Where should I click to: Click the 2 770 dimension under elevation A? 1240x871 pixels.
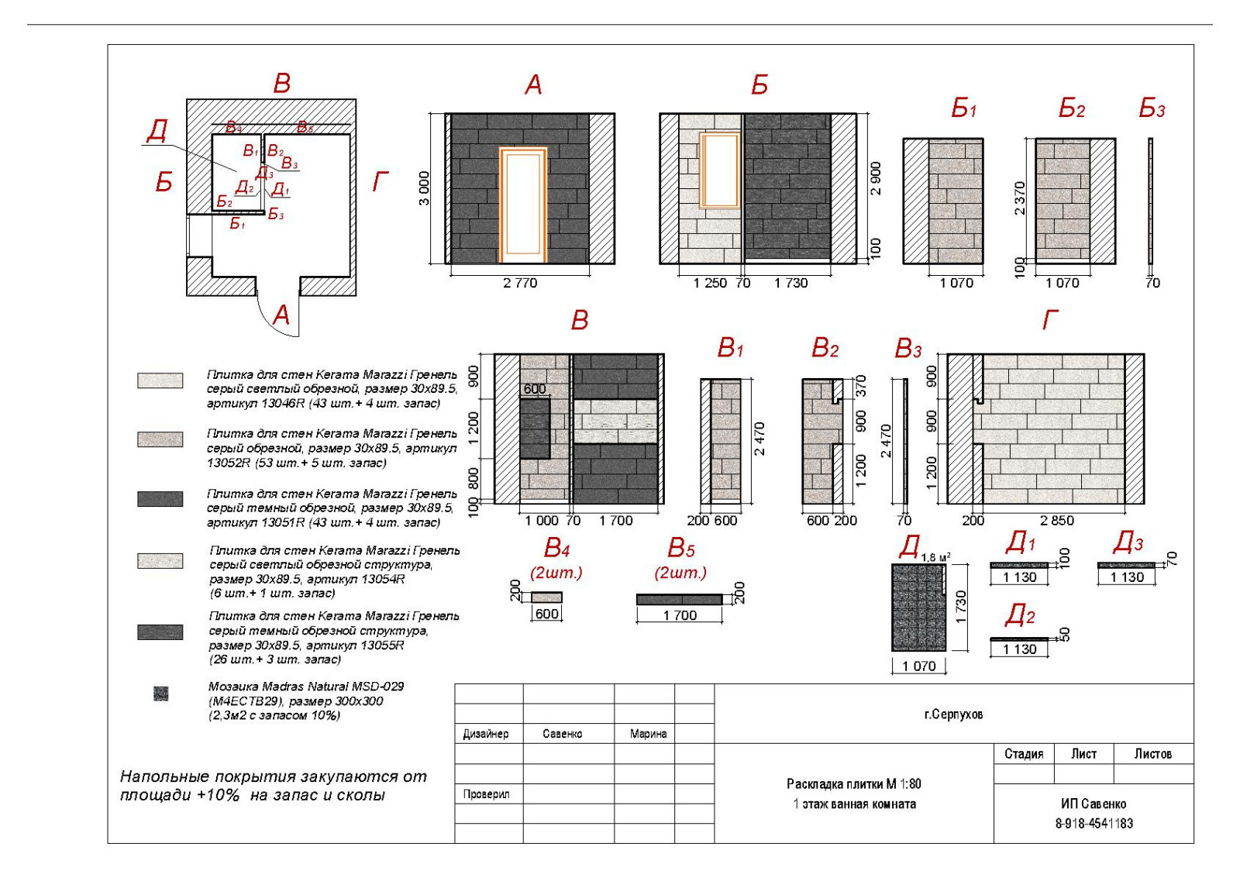pyautogui.click(x=520, y=283)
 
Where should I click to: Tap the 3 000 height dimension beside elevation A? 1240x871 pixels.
pyautogui.click(x=423, y=188)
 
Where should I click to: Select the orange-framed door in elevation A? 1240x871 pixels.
pyautogui.click(x=523, y=205)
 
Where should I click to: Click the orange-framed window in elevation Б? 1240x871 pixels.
pyautogui.click(x=720, y=170)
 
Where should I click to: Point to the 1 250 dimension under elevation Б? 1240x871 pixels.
pyautogui.click(x=710, y=283)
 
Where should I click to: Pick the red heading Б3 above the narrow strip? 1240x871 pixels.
pyautogui.click(x=1152, y=108)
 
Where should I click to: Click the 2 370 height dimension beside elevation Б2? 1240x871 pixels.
pyautogui.click(x=1020, y=198)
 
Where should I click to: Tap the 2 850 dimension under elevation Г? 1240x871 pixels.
pyautogui.click(x=1057, y=520)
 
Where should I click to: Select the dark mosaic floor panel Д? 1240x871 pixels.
pyautogui.click(x=918, y=607)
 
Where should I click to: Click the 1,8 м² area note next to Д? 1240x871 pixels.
pyautogui.click(x=935, y=557)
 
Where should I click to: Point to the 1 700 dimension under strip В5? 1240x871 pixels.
pyautogui.click(x=680, y=615)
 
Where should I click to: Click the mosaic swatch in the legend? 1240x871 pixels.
pyautogui.click(x=160, y=694)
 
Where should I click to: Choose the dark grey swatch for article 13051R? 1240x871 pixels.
pyautogui.click(x=160, y=498)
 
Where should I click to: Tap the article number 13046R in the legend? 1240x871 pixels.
pyautogui.click(x=284, y=404)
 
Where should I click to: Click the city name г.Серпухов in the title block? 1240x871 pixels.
pyautogui.click(x=953, y=714)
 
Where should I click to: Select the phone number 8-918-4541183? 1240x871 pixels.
pyautogui.click(x=1094, y=823)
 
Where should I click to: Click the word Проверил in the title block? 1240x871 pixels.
pyautogui.click(x=486, y=794)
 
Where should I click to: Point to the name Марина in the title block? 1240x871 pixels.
pyautogui.click(x=648, y=733)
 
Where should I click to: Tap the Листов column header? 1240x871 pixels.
pyautogui.click(x=1152, y=753)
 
